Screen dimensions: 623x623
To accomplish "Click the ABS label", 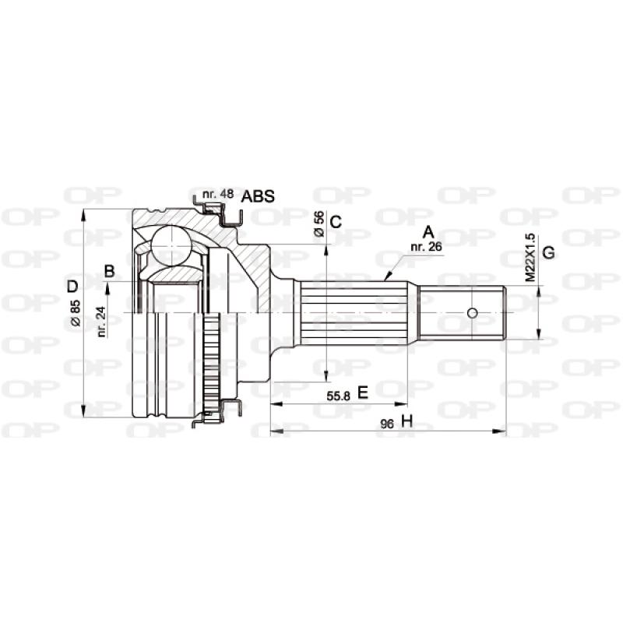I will pyautogui.click(x=258, y=196).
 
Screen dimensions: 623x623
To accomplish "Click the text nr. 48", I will pyautogui.click(x=216, y=193).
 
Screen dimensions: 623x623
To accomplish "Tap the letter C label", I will pyautogui.click(x=336, y=221).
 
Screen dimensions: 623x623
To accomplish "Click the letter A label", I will pyautogui.click(x=427, y=231).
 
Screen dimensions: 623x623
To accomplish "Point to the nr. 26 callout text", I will pyautogui.click(x=425, y=247).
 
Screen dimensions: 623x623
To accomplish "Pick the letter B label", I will pyautogui.click(x=109, y=271).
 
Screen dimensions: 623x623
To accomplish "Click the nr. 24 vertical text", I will pyautogui.click(x=102, y=319).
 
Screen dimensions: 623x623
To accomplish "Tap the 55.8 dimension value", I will pyautogui.click(x=338, y=396).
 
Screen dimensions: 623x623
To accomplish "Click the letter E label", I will pyautogui.click(x=362, y=394).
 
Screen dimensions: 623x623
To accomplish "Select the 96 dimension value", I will pyautogui.click(x=387, y=423).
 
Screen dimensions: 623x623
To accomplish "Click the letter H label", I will pyautogui.click(x=405, y=422).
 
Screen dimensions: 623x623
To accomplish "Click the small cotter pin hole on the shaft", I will pyautogui.click(x=471, y=313).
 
